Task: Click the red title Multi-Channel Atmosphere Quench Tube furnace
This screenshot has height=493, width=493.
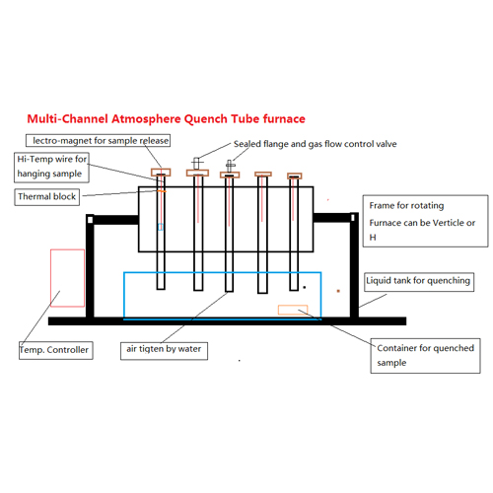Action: coord(166,119)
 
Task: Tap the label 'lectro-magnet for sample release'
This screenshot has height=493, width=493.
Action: coord(98,140)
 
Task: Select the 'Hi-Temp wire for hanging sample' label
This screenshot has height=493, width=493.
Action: coord(51,167)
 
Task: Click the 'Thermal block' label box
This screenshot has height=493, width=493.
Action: coord(47,197)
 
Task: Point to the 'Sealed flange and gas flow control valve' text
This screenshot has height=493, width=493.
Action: coord(316,144)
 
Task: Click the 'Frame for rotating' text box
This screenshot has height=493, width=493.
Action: coord(425,221)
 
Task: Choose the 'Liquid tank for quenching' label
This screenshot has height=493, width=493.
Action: coord(419,282)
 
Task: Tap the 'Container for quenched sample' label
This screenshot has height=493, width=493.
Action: coord(425,356)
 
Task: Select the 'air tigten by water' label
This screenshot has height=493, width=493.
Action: coord(164,351)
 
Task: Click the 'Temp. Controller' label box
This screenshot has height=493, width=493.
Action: coord(56,350)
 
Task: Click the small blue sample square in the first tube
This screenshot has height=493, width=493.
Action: coord(161,227)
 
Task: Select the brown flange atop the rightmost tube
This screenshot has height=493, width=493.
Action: coord(295,176)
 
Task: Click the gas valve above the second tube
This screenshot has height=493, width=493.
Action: coord(196,163)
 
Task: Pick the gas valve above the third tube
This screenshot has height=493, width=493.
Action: coord(231,166)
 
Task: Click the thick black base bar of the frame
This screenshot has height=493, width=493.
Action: coord(227,321)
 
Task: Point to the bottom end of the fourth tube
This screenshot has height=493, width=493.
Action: coord(262,292)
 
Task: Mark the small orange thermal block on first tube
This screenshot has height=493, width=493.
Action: coord(162,191)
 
